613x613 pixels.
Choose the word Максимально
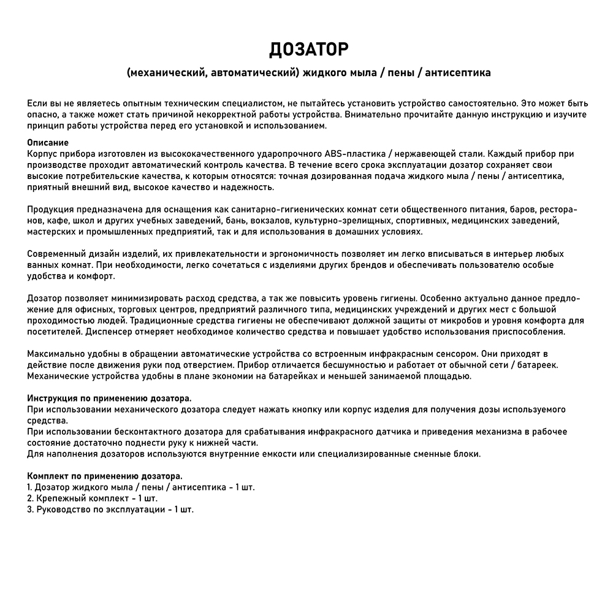point(55,354)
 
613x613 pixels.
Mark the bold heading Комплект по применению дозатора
point(104,476)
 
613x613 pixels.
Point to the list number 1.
point(29,487)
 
